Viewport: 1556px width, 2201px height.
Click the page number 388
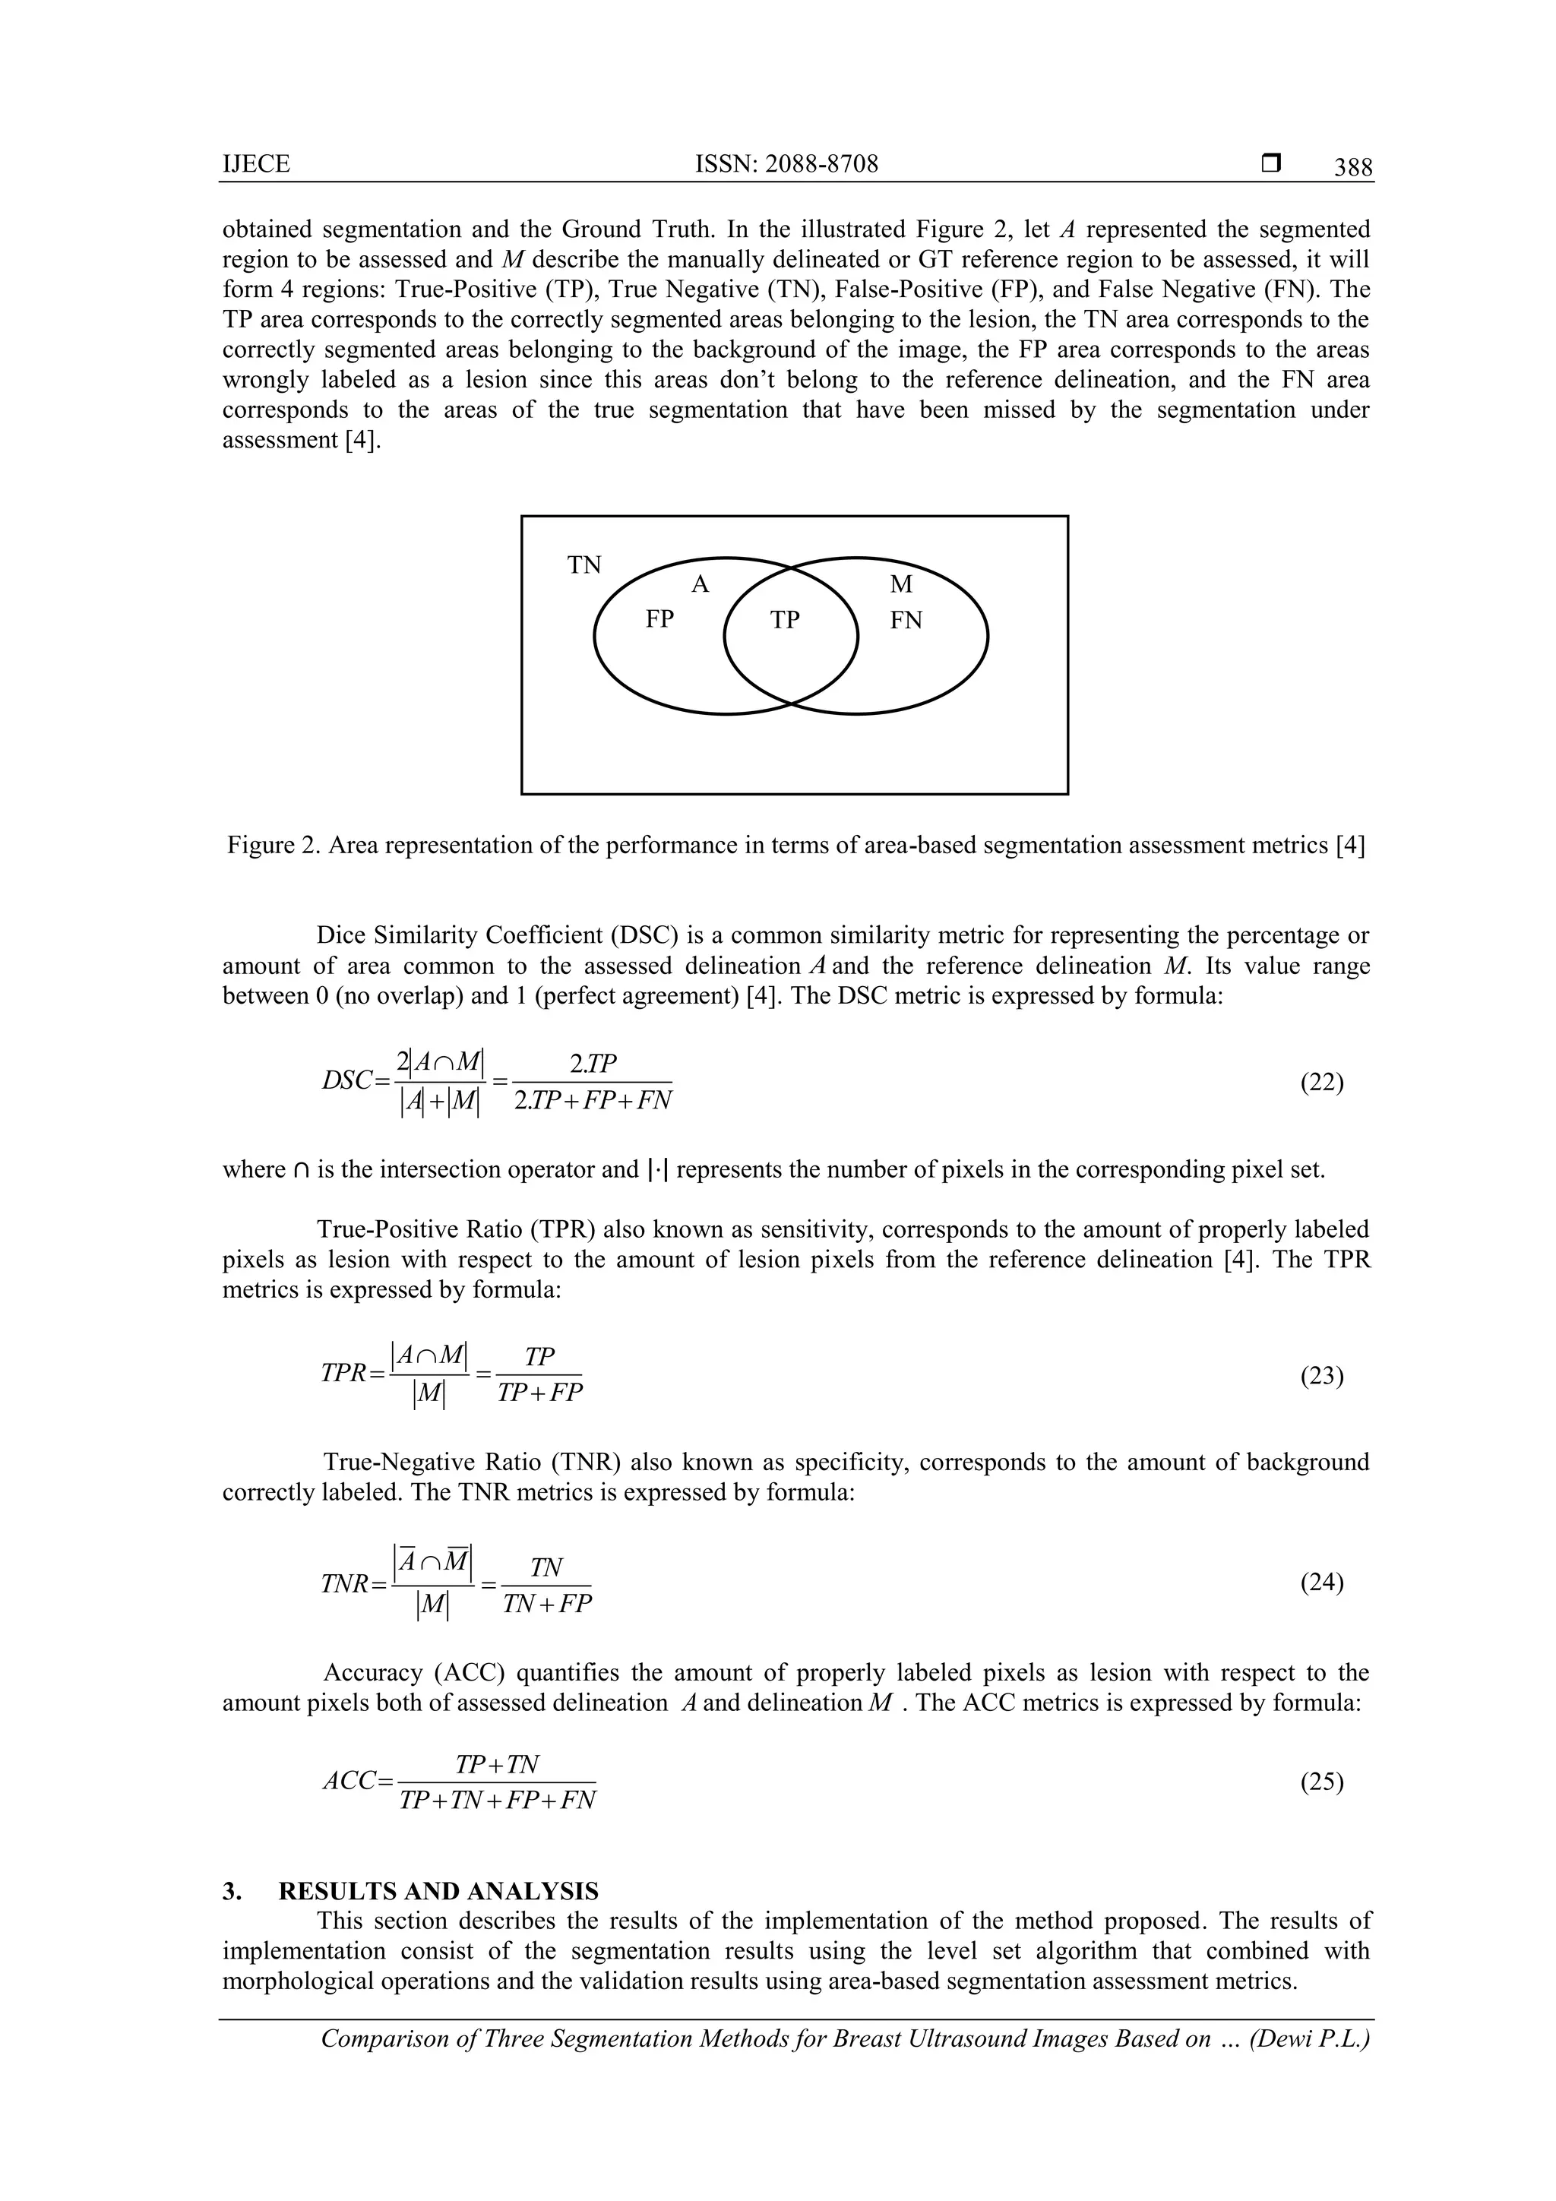point(1352,169)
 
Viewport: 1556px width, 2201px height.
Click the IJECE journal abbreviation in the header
point(256,165)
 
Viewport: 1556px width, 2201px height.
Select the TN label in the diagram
point(583,565)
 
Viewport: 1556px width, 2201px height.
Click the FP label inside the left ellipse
point(659,619)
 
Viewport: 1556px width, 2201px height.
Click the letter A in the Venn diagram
point(700,585)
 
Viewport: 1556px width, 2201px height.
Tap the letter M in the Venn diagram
point(900,585)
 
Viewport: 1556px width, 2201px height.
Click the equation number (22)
point(1321,1083)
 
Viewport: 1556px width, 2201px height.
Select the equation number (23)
point(1321,1377)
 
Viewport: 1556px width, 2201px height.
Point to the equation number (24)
point(1321,1583)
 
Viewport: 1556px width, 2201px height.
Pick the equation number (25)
point(1321,1782)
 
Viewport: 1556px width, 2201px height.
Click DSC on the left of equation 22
point(346,1081)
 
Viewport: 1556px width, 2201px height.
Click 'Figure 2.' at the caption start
point(272,846)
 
